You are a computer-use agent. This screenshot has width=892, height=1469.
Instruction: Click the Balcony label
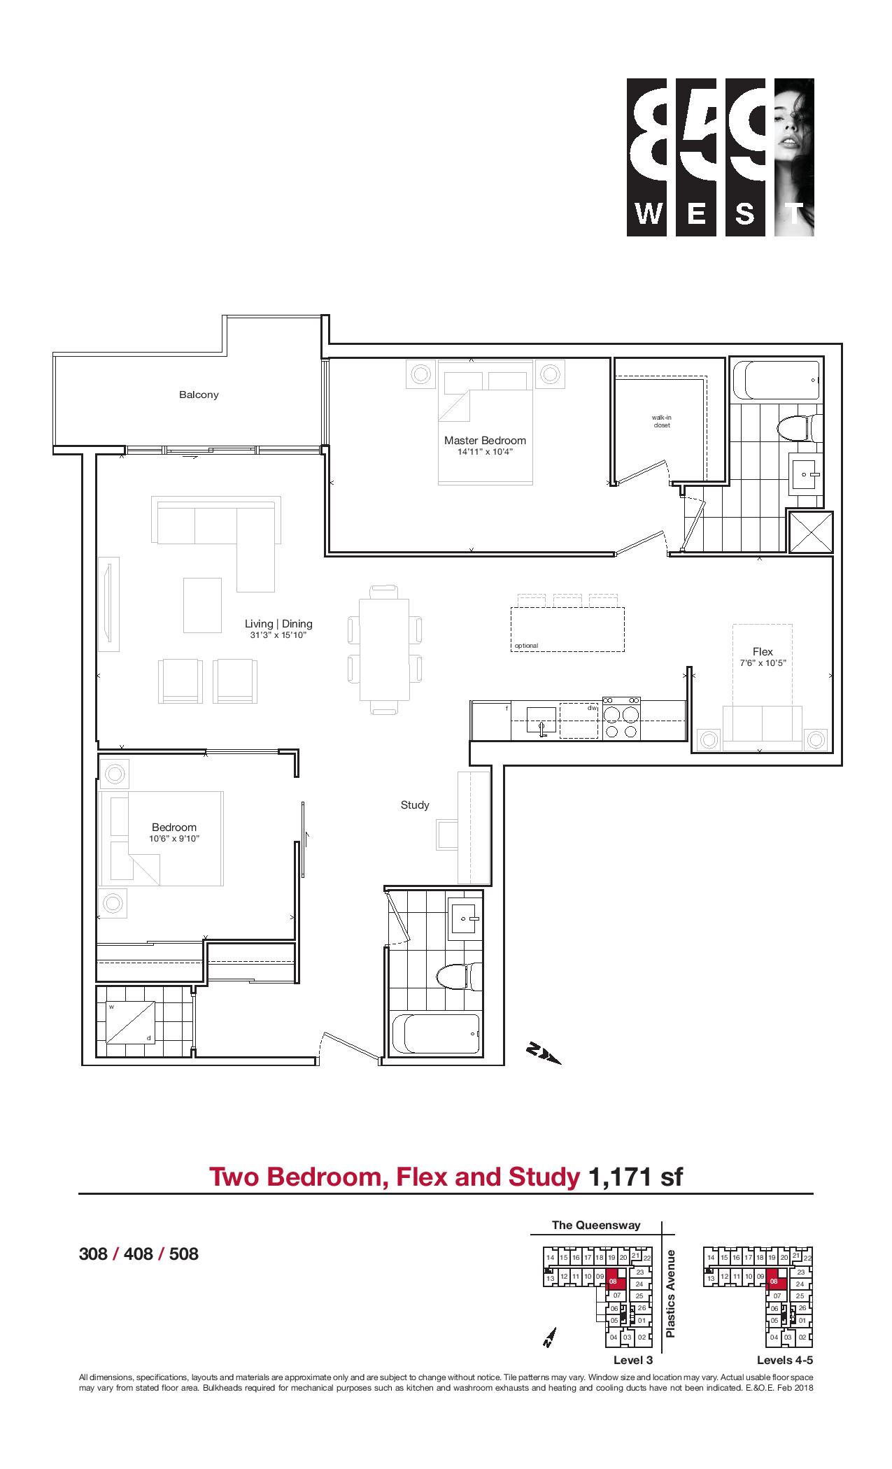pyautogui.click(x=199, y=395)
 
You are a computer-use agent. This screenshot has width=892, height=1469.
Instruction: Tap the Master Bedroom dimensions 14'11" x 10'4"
pyautogui.click(x=485, y=452)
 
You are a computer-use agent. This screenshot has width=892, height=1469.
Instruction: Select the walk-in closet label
pyautogui.click(x=661, y=422)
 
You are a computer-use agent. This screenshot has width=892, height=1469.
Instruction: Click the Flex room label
pyautogui.click(x=763, y=651)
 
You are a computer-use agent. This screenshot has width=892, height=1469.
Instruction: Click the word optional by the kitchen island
pyautogui.click(x=526, y=646)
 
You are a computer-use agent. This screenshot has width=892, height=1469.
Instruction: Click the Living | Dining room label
pyautogui.click(x=278, y=623)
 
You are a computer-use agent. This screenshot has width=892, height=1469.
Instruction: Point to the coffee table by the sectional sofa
pyautogui.click(x=202, y=605)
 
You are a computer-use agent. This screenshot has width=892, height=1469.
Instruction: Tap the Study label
pyautogui.click(x=415, y=805)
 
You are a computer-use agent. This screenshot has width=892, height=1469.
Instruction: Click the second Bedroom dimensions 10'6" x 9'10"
pyautogui.click(x=174, y=838)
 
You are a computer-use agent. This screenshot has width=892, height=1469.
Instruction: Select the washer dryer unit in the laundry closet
pyautogui.click(x=129, y=1022)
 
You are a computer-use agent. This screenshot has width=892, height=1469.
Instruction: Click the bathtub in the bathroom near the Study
pyautogui.click(x=437, y=1034)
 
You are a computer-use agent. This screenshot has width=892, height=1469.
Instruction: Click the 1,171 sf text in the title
pyautogui.click(x=635, y=1177)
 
